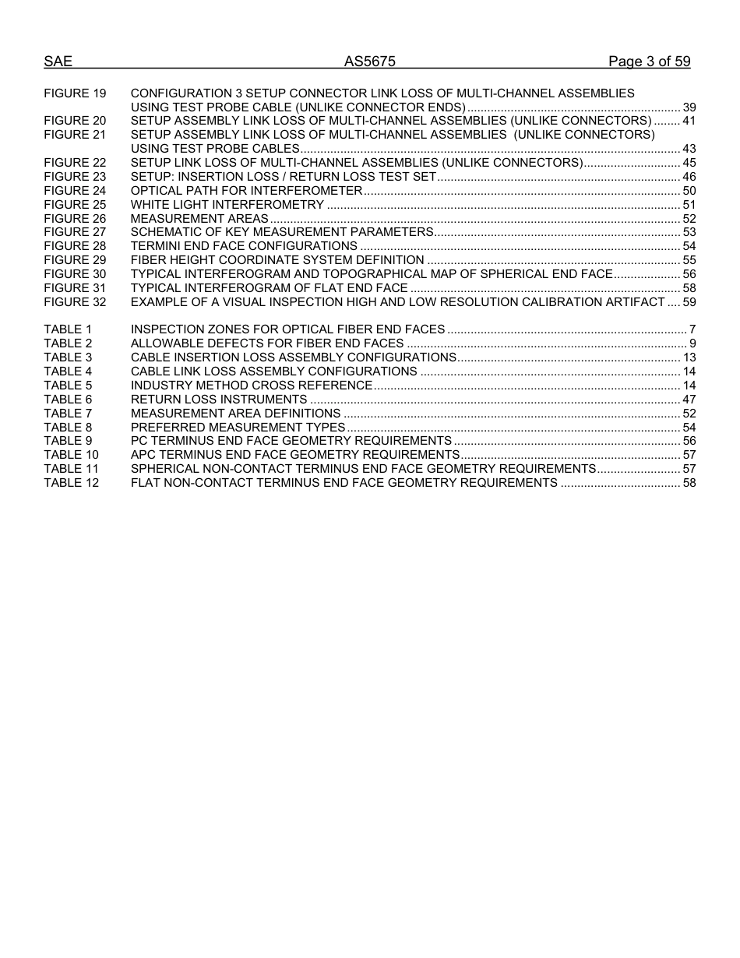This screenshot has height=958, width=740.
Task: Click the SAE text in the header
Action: [58, 62]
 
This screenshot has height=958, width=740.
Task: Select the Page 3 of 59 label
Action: [649, 62]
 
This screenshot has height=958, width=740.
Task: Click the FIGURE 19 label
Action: [75, 93]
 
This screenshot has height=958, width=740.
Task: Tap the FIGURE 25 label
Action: [75, 205]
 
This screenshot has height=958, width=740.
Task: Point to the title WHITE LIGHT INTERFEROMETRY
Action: [227, 205]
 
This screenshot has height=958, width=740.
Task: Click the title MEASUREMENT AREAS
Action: [199, 219]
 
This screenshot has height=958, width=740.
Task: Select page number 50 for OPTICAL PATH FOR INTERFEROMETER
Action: [689, 191]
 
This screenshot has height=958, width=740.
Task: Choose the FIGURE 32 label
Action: [75, 302]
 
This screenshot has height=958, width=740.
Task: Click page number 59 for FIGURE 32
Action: [689, 302]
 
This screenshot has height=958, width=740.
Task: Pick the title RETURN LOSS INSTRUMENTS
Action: [219, 400]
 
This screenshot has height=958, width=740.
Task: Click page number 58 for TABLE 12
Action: [689, 483]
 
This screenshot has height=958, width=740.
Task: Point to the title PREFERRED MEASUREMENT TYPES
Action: [238, 428]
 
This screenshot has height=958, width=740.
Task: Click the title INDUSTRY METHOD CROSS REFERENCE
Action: [252, 386]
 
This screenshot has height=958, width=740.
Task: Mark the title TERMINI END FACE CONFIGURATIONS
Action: [244, 246]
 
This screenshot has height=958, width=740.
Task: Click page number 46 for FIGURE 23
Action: [689, 177]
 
